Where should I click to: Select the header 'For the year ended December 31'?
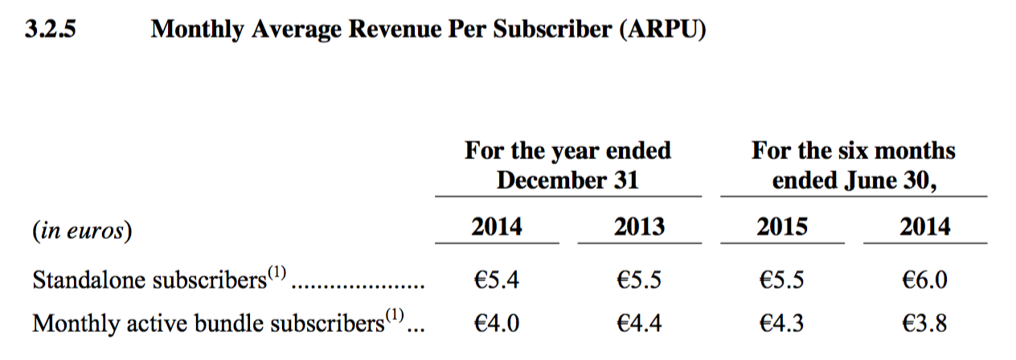[567, 165]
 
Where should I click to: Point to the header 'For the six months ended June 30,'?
[854, 165]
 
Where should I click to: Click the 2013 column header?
[639, 227]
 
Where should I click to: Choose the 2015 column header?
[782, 227]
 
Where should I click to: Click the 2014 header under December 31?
[496, 227]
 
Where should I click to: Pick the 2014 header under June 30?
[924, 227]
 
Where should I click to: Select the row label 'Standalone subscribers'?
[149, 280]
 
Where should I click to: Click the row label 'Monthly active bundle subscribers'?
[207, 323]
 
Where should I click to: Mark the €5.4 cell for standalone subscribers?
[496, 280]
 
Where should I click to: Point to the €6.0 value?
[924, 280]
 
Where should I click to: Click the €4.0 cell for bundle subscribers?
[496, 323]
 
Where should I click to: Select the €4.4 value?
[639, 323]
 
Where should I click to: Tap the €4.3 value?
[782, 323]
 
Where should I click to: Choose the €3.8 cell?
[924, 323]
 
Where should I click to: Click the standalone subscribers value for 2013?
[639, 280]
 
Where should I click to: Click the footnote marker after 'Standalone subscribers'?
[276, 274]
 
